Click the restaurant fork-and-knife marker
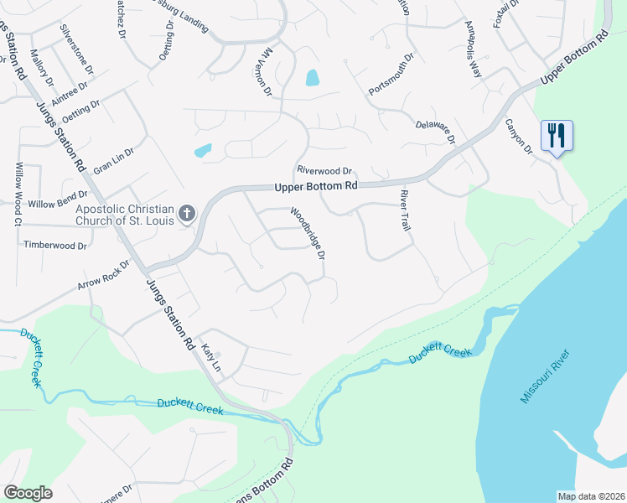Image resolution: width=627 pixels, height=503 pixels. pyautogui.click(x=557, y=135)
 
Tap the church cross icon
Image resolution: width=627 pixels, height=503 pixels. pyautogui.click(x=187, y=214)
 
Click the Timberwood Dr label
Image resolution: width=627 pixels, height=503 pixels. pyautogui.click(x=55, y=246)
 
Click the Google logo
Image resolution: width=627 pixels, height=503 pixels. pyautogui.click(x=28, y=493)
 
